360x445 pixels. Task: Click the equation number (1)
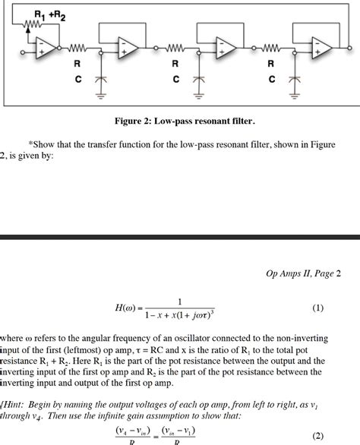pos(318,308)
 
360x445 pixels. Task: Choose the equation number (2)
pos(318,437)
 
